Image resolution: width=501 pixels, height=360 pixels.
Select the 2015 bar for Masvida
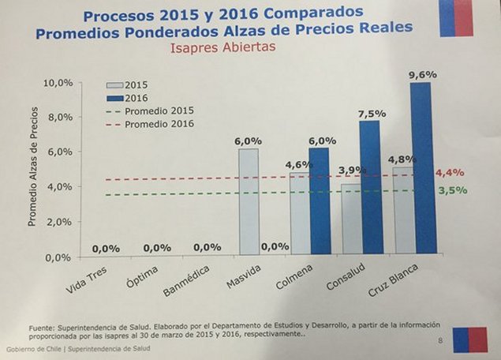pos(248,201)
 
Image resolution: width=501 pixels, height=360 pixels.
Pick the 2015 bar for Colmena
pos(299,213)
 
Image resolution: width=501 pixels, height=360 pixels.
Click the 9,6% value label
pos(423,75)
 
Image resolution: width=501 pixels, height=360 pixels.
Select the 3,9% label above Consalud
pos(350,170)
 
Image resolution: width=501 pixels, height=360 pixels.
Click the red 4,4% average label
pos(450,172)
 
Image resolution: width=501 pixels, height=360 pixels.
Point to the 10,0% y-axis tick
pos(59,83)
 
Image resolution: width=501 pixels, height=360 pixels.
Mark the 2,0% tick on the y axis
pos(61,222)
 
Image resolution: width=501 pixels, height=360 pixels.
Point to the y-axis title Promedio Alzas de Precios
pos(33,171)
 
